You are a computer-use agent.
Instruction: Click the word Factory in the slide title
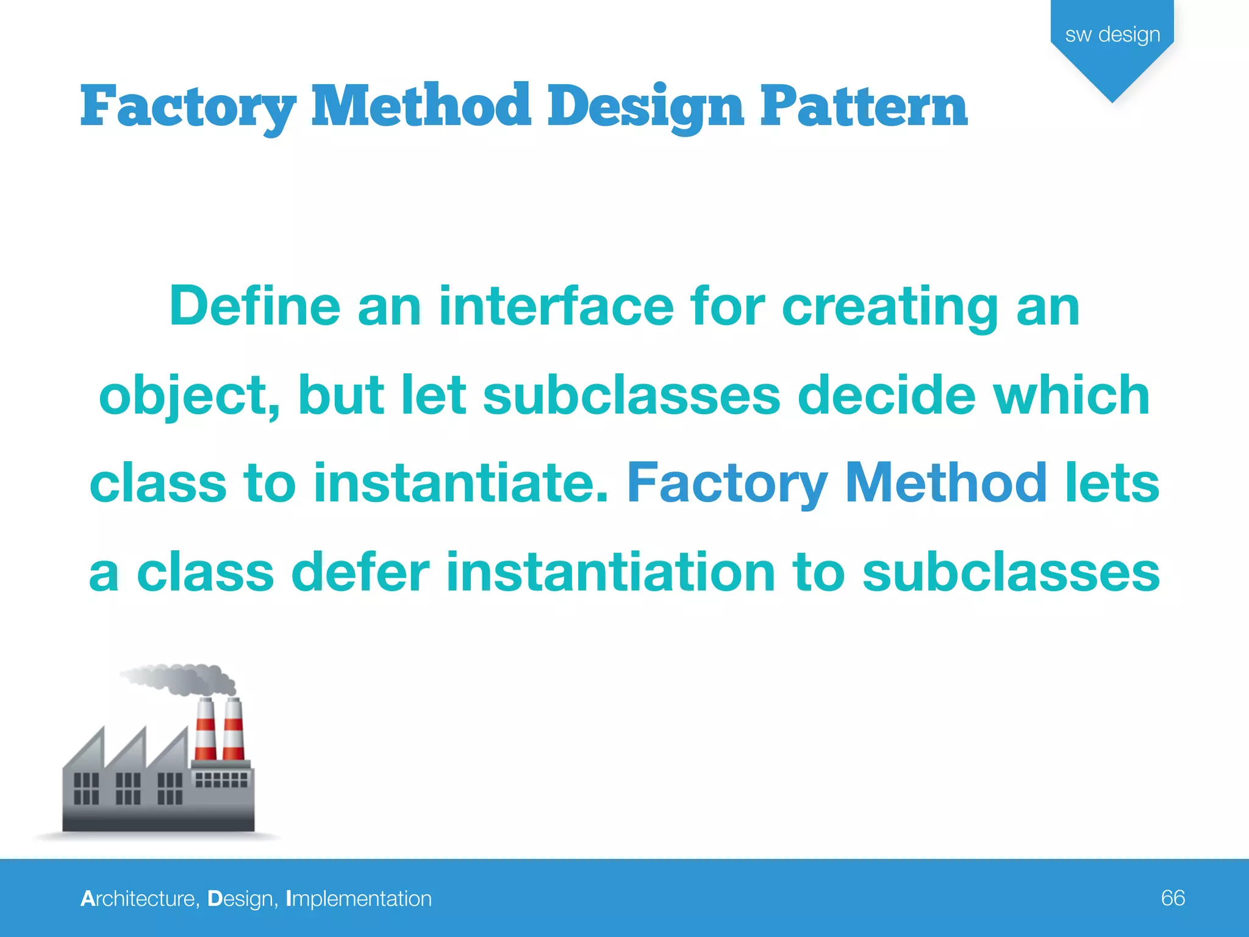188,107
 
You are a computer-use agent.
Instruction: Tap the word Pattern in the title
864,107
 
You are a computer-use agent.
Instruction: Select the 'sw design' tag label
1112,35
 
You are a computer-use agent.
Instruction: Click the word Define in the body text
254,306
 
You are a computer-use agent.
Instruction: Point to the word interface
556,306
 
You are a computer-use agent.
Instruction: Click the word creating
890,307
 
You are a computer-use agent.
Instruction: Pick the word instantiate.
461,483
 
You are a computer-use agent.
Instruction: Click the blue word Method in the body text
946,483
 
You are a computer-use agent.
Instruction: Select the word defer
360,572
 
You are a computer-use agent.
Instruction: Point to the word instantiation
610,572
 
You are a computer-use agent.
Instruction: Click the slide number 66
1172,898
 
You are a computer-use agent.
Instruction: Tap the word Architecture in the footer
139,899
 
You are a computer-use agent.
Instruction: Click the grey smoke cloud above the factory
183,679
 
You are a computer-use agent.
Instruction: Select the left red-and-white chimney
206,729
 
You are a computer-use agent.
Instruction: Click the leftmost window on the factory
86,788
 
